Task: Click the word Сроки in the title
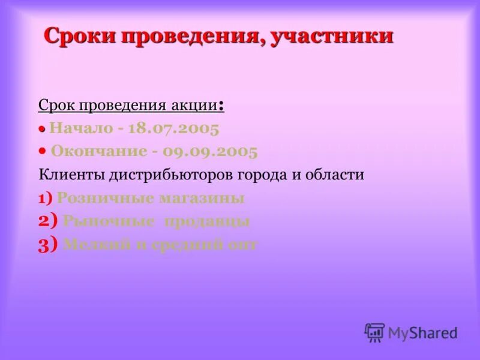point(80,36)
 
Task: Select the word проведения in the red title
point(191,36)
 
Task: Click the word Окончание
point(98,151)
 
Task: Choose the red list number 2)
point(47,221)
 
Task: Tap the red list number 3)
point(47,244)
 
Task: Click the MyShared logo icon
point(374,332)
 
